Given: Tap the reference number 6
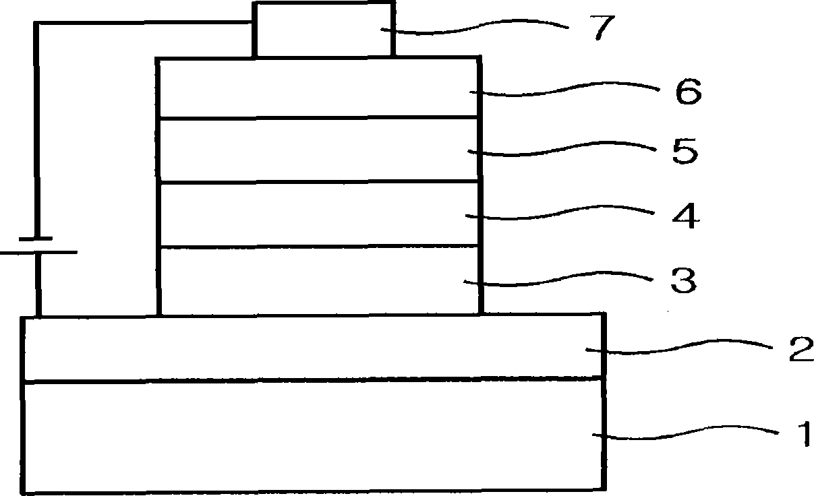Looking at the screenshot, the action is point(687,92).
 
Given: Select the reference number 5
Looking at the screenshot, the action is point(685,152).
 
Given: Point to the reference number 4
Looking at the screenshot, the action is point(682,217).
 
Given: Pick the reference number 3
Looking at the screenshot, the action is point(682,280).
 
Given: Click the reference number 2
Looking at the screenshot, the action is point(801,350).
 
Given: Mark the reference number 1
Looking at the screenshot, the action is point(802,435).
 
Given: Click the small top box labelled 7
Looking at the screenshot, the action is point(322,30).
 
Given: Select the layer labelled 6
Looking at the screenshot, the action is point(317,88).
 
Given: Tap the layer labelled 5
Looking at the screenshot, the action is point(317,150).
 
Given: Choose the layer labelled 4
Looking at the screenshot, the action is point(317,214).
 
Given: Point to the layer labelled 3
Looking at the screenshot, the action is point(317,280).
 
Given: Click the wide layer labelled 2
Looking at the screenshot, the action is point(310,348).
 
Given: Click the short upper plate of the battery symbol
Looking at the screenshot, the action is point(35,238).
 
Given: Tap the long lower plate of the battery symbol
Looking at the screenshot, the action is point(38,253).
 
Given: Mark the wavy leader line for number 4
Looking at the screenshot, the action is point(566,215).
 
